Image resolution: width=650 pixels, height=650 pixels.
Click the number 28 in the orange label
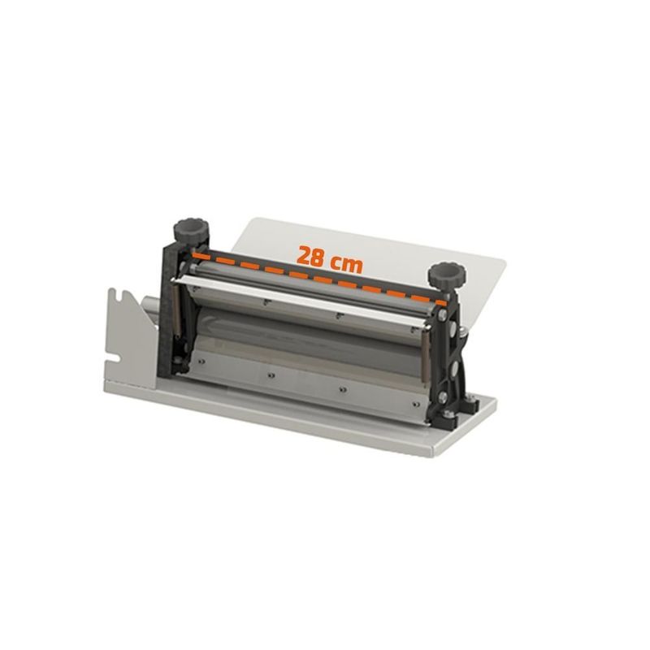click(x=310, y=255)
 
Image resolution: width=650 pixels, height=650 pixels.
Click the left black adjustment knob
click(x=191, y=231)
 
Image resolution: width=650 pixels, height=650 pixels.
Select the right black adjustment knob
click(x=447, y=274)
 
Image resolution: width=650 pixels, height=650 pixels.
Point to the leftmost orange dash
click(x=201, y=257)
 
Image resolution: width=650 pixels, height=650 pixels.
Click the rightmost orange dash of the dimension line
click(x=442, y=303)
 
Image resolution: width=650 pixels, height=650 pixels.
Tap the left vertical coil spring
click(x=175, y=311)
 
